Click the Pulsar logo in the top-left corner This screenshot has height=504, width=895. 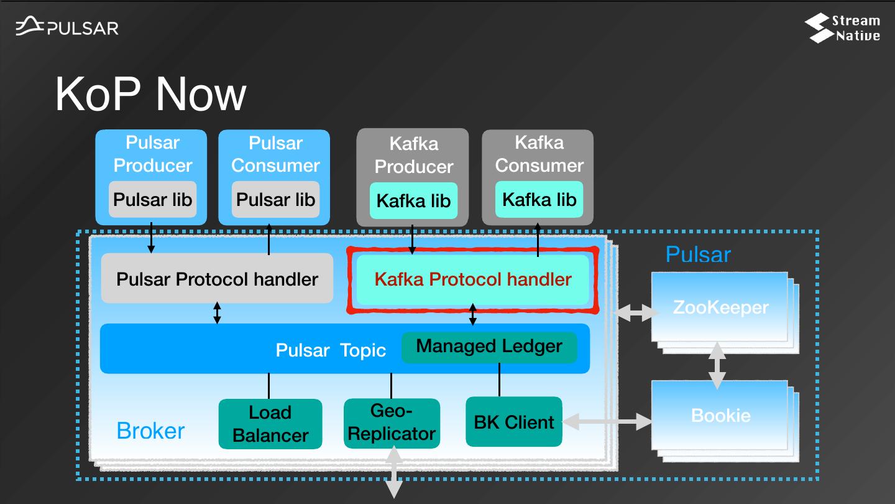click(x=67, y=27)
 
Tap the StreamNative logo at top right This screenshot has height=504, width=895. click(x=842, y=28)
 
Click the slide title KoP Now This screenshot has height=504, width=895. click(x=150, y=94)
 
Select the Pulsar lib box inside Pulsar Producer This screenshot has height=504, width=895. click(x=152, y=200)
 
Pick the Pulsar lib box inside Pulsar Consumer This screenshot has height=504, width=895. click(x=275, y=200)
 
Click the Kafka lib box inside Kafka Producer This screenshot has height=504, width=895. click(x=413, y=201)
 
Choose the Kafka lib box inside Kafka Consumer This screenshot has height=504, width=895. click(x=539, y=200)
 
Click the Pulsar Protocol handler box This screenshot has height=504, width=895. click(x=217, y=279)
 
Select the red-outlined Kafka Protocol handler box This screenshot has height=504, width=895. click(x=472, y=279)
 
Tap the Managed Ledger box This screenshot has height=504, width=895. click(x=489, y=347)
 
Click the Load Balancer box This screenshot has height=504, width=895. click(x=270, y=424)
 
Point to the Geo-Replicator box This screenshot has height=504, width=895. click(x=392, y=422)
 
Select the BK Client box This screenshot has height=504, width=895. click(x=513, y=422)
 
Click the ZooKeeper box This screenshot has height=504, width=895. click(x=720, y=307)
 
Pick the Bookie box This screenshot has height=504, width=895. click(x=720, y=416)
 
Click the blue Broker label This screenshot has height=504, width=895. click(x=150, y=431)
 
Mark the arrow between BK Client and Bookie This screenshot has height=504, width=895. click(x=607, y=422)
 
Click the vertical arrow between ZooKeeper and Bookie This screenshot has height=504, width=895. click(x=718, y=366)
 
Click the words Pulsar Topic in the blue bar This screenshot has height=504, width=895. click(x=331, y=350)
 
